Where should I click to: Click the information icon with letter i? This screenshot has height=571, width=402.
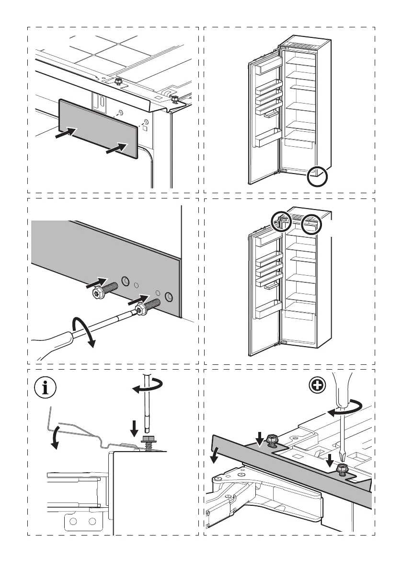[x=46, y=388]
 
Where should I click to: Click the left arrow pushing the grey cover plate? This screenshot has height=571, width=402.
[x=65, y=134]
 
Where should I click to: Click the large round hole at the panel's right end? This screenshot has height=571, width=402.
[x=168, y=297]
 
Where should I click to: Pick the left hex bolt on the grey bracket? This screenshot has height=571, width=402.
[x=272, y=439]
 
